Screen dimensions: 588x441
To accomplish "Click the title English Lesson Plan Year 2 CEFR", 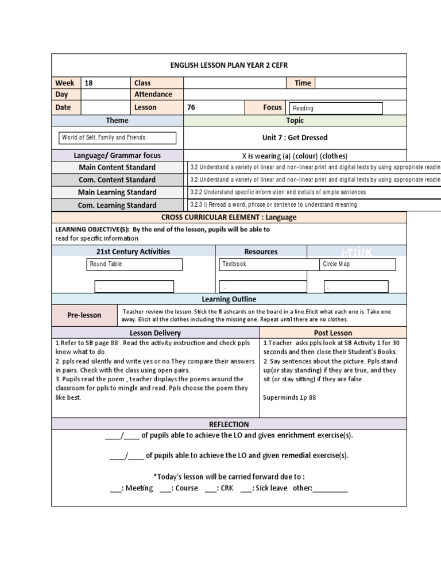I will point(229,65).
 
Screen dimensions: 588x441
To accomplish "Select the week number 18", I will point(89,83).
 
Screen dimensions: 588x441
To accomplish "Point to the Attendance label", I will point(153,94).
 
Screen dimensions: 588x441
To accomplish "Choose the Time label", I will point(302,83).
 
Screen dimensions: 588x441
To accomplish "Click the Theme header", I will point(117,121).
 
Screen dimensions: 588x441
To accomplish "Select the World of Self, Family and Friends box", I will point(118,138).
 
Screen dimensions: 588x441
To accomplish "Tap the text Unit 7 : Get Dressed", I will point(295,138).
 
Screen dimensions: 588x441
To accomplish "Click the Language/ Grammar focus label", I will point(117,156).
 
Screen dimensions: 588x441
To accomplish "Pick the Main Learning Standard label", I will point(117,192).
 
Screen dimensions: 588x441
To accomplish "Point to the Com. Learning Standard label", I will point(117,205).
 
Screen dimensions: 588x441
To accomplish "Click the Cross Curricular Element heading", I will point(229,217).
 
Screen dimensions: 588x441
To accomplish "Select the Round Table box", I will point(135,264).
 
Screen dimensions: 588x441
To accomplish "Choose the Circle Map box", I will point(358,264).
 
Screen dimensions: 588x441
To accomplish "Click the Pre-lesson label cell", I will point(84,315).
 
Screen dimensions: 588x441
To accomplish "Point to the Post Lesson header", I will point(333,333).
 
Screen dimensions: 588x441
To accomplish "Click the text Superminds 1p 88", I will point(289,397).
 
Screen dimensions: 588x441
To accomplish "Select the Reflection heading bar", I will point(229,424).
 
